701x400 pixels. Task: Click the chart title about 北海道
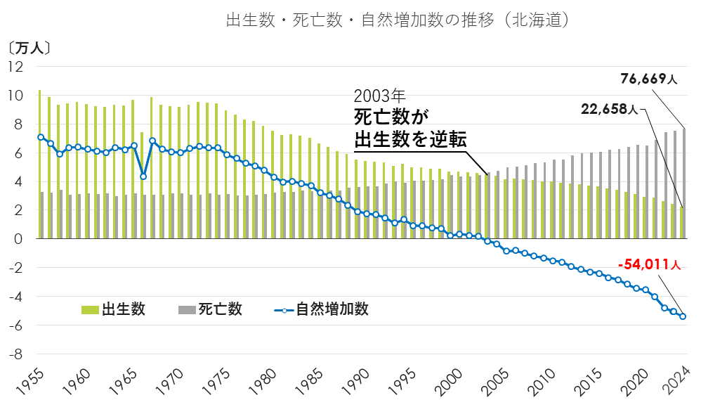(397, 20)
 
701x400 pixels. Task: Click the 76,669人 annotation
(648, 79)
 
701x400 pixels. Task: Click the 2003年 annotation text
(379, 96)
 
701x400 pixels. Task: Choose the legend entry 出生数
(114, 309)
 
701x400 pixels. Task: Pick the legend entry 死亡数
(210, 309)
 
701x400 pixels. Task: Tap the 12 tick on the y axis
(15, 67)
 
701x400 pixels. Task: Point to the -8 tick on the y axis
(15, 354)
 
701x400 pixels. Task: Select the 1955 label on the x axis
(28, 380)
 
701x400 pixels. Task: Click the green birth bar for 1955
(39, 164)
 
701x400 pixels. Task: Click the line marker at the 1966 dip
(143, 176)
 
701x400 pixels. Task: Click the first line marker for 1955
(41, 137)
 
